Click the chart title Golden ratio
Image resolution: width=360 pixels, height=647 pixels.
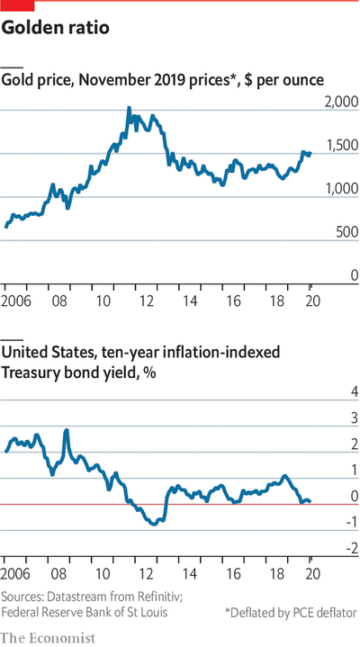56,29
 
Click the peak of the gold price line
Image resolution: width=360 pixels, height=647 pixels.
128,108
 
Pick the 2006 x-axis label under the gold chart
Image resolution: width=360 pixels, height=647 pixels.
17,298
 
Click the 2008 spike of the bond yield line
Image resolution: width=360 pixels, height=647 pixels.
67,431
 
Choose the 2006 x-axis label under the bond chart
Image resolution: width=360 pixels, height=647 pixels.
17,573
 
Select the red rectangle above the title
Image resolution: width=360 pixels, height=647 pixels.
17,4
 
